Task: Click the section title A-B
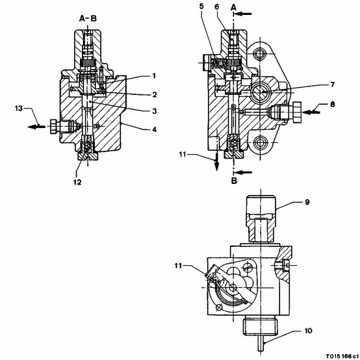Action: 88,18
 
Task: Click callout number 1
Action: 154,76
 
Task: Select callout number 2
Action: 155,94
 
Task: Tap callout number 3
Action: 155,111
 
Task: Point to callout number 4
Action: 155,129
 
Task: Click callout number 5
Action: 201,6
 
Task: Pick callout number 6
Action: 217,6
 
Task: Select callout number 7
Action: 333,84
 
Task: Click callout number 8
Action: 333,105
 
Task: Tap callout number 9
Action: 307,202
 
